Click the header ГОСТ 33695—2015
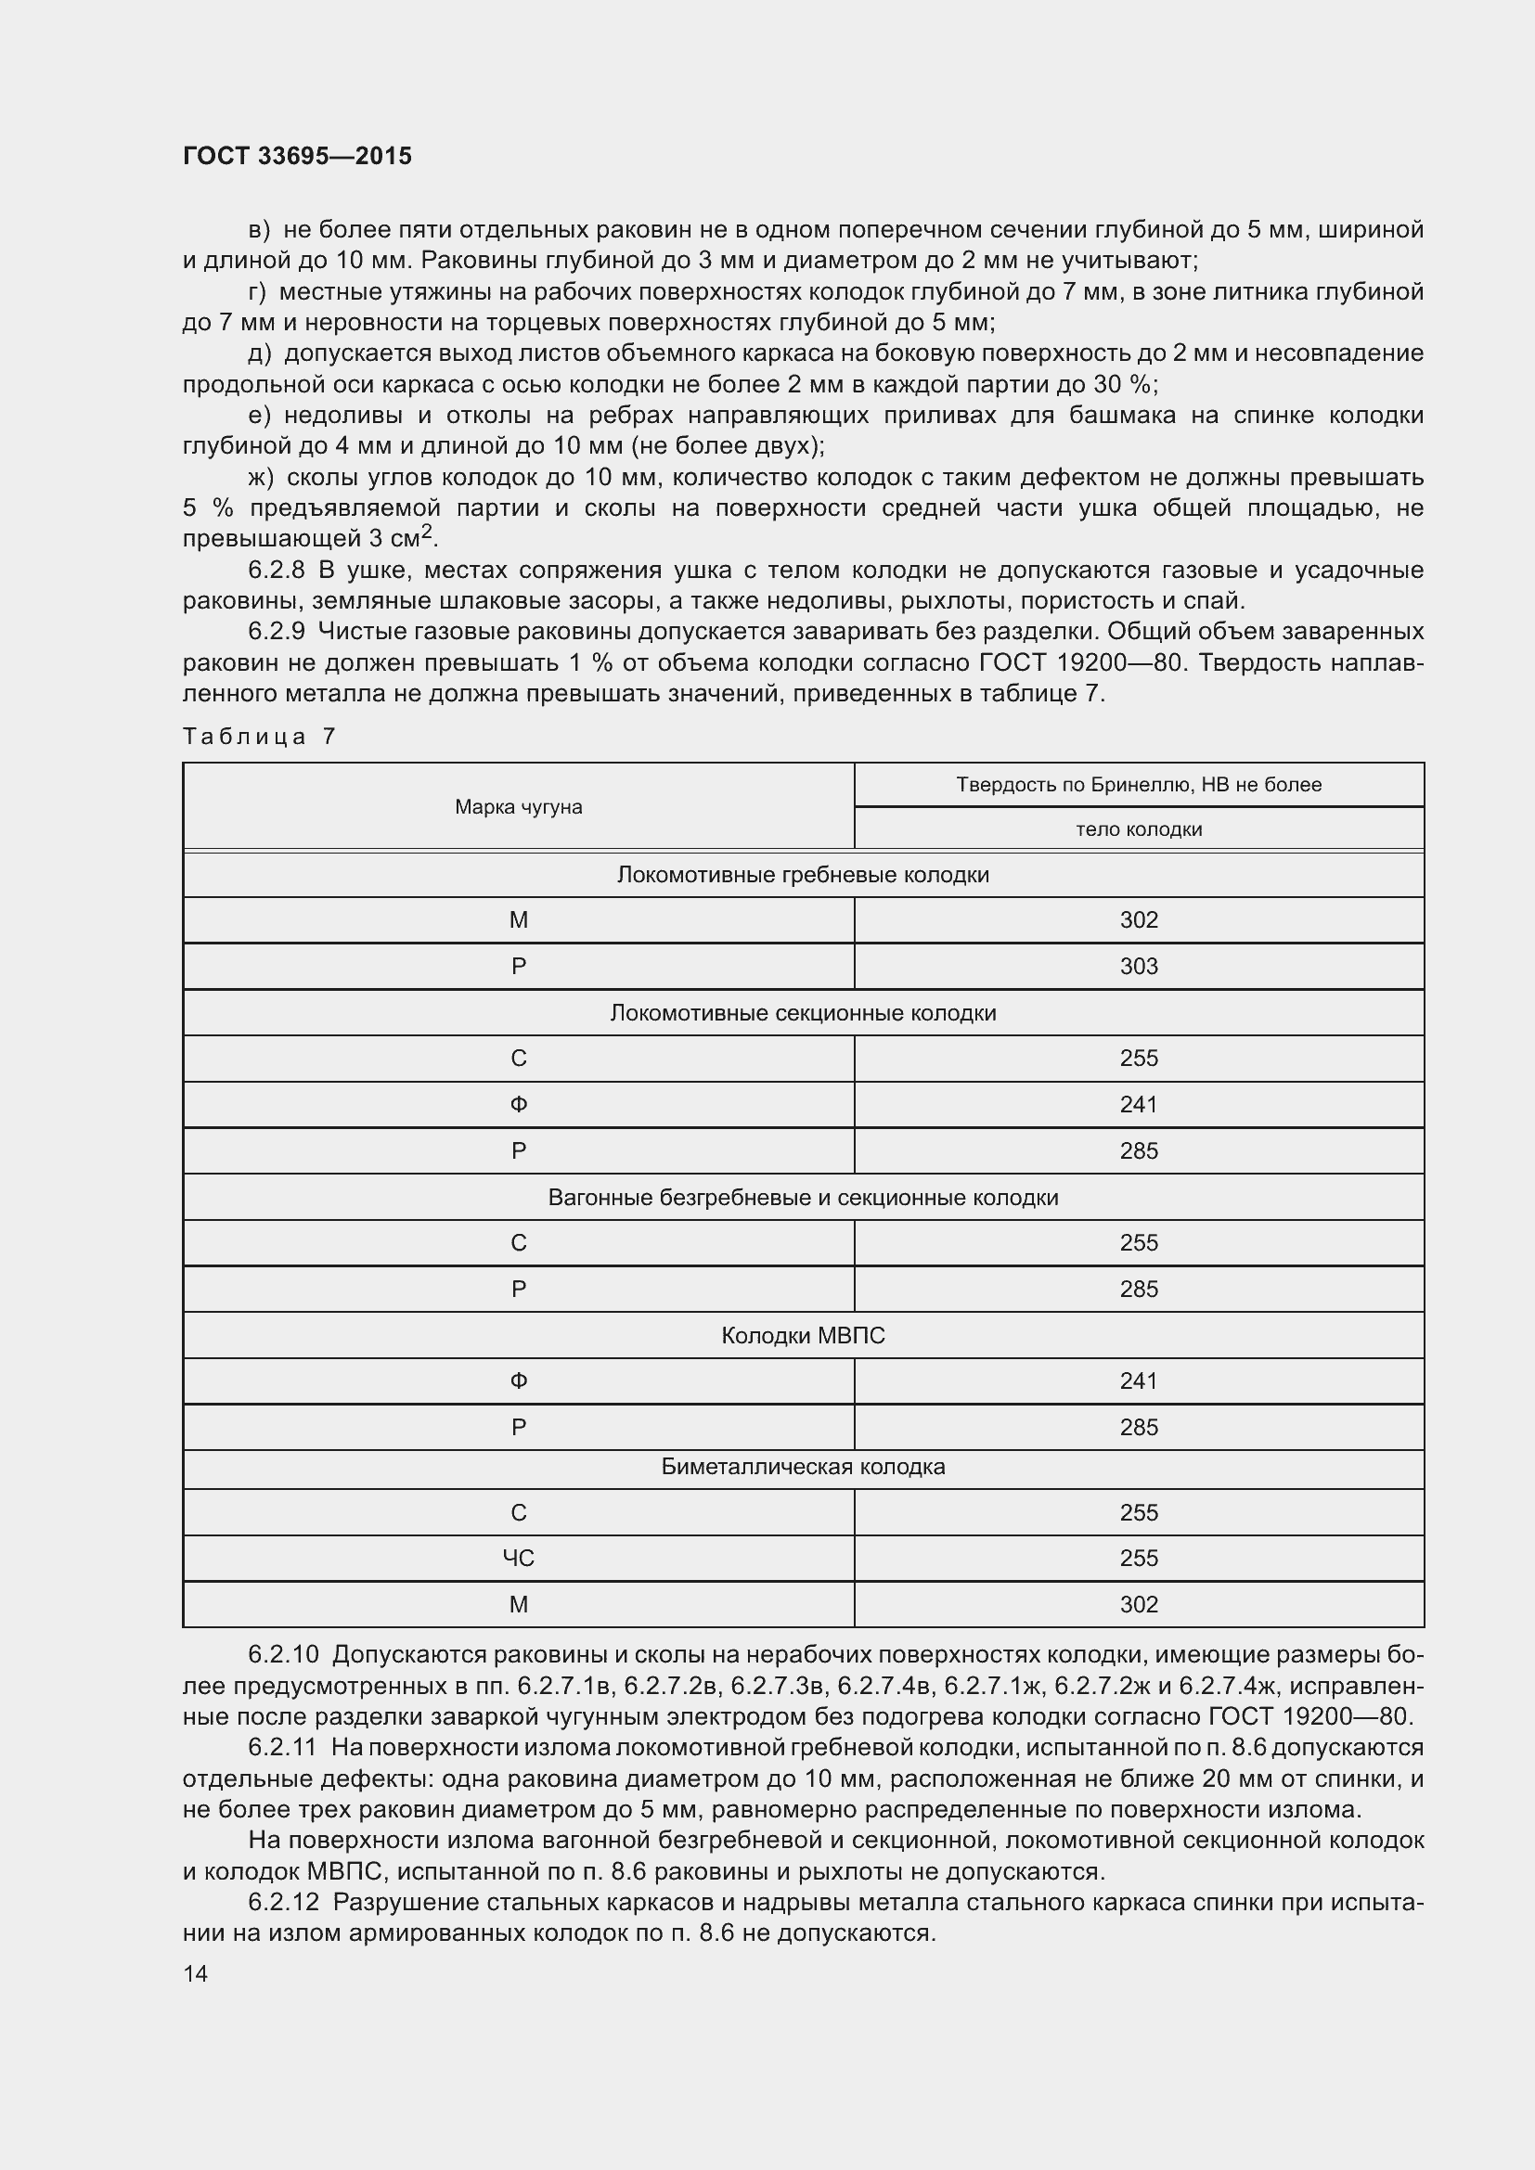coord(297,156)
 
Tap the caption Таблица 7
coord(259,737)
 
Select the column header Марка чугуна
coord(518,806)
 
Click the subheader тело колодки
coord(1138,828)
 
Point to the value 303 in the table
coord(1138,966)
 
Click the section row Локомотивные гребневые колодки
coord(803,874)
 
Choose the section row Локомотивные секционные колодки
coord(803,1012)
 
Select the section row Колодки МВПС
coord(803,1335)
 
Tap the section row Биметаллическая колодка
coord(803,1467)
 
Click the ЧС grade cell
coord(518,1558)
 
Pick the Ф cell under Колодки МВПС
coord(518,1380)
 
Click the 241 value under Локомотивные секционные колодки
coord(1138,1104)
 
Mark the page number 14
coord(196,1973)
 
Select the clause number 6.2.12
coord(283,1902)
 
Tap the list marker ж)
coord(260,477)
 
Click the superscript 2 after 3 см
coord(427,533)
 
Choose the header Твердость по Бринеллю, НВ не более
coord(1138,785)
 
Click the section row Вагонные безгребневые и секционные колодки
coord(803,1198)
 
